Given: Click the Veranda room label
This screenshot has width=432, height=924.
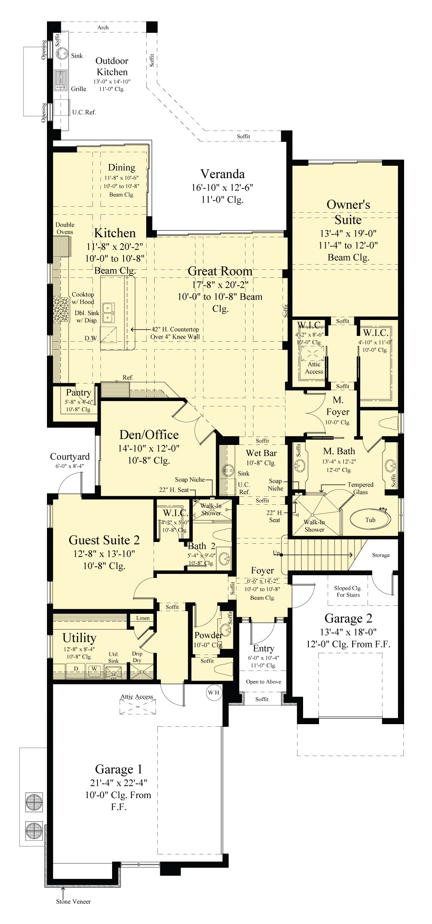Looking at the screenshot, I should click(x=222, y=174).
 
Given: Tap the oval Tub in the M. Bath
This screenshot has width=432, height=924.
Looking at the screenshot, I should click(x=370, y=519).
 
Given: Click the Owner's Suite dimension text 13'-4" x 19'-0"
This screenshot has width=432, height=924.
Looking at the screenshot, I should click(x=348, y=233).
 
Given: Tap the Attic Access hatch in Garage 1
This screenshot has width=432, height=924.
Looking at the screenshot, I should click(x=137, y=707).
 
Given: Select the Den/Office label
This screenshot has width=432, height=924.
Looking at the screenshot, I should click(x=149, y=435).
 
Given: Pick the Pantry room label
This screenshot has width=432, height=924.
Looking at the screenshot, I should click(x=78, y=393).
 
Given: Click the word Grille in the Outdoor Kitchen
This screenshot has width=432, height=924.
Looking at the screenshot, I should click(x=79, y=89).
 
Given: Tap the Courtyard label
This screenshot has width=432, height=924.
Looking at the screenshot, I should click(x=70, y=456).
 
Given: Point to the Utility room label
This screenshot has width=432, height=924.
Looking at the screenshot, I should click(x=79, y=638).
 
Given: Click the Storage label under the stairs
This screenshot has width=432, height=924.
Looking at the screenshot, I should click(x=381, y=555).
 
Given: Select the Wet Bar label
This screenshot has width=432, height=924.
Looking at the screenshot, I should click(x=261, y=453).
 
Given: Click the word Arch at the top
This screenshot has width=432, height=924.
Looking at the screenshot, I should click(x=103, y=27).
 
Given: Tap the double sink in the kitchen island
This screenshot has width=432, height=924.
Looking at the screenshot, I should click(x=108, y=312).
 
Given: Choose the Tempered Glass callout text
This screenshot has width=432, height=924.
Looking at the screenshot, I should click(x=360, y=488).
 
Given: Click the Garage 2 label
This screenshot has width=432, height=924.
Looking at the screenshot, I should click(x=348, y=618).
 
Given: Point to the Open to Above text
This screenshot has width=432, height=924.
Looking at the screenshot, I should click(x=263, y=682).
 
